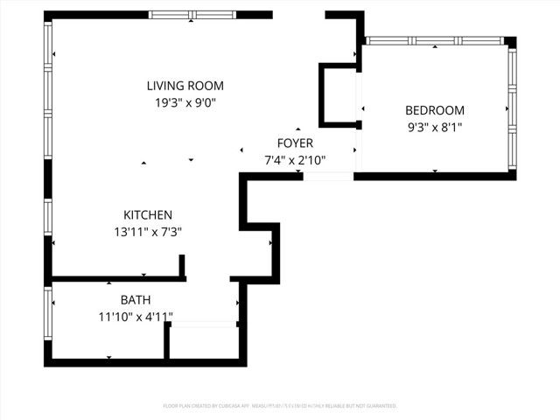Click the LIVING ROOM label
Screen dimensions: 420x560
tap(185, 86)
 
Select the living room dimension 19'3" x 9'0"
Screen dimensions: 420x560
tap(185, 102)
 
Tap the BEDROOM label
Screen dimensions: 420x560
tap(434, 110)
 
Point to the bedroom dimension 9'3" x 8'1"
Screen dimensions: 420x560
tap(434, 127)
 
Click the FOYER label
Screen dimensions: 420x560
tap(295, 143)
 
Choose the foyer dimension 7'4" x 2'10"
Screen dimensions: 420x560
tap(295, 160)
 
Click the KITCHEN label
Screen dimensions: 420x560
tap(147, 214)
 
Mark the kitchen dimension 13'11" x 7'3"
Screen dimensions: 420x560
tap(147, 232)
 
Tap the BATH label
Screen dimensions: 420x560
tap(136, 299)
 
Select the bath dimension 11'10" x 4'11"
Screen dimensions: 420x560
tap(136, 316)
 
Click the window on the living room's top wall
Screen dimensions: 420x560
tap(192, 15)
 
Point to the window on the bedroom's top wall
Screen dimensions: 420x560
tap(434, 41)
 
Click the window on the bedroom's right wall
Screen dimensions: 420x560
tap(512, 108)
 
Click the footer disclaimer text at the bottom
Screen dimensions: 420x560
tap(280, 406)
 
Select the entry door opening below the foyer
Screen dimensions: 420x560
tap(328, 177)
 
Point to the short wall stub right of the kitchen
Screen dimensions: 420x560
tap(182, 266)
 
